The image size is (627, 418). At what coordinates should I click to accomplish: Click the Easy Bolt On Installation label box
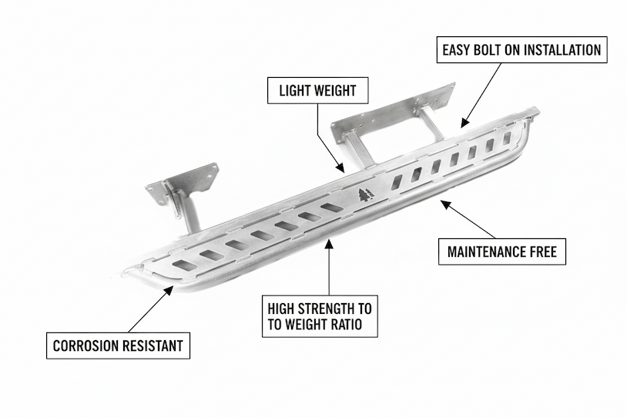521,51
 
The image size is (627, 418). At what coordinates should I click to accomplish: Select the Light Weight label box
317,90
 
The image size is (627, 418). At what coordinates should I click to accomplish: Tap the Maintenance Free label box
501,251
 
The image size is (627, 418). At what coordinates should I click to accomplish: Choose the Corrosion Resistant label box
118,346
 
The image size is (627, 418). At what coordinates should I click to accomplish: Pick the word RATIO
357,325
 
